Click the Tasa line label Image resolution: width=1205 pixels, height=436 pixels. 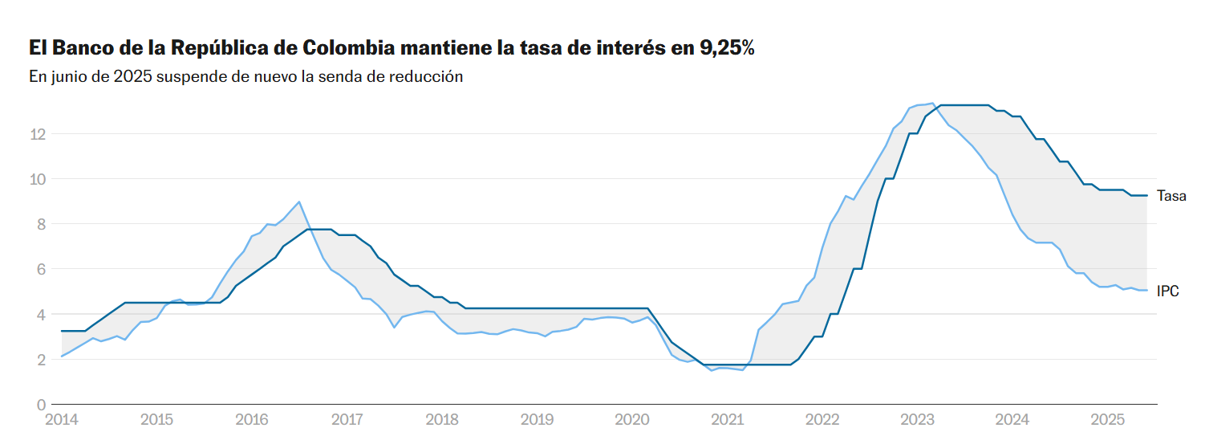click(1171, 196)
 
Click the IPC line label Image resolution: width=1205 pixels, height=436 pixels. click(1167, 291)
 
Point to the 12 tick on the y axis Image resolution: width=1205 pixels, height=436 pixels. click(37, 133)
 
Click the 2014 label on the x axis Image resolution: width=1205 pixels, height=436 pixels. click(62, 419)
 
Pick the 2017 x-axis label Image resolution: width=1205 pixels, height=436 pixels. click(347, 419)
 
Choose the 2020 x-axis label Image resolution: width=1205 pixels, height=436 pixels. click(631, 419)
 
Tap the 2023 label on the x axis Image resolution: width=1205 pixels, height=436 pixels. click(917, 419)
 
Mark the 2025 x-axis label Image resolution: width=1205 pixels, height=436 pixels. click(1107, 419)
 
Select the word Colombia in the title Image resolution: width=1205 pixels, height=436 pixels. click(349, 48)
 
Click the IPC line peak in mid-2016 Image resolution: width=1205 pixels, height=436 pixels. click(299, 202)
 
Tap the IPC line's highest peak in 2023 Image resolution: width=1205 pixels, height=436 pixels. click(932, 103)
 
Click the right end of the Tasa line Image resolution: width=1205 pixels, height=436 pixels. click(1147, 196)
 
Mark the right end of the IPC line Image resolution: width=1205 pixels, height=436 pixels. click(1147, 290)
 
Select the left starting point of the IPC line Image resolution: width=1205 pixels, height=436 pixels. click(62, 357)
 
